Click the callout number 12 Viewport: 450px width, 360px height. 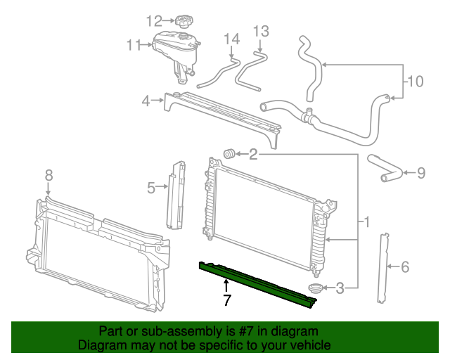[x=154, y=20]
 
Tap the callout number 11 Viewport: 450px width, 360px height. [x=134, y=46]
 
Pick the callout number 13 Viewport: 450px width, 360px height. [x=261, y=31]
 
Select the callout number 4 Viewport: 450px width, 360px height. [x=146, y=101]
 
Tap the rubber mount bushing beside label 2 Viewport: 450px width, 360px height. [x=229, y=153]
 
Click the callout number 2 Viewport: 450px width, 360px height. [x=253, y=154]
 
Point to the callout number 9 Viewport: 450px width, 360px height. [x=420, y=172]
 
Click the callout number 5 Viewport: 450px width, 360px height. [x=151, y=187]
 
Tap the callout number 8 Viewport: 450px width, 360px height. [x=48, y=174]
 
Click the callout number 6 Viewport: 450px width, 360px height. [x=404, y=266]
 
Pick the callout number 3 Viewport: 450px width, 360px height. [x=340, y=287]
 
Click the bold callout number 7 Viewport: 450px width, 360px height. [x=226, y=301]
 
